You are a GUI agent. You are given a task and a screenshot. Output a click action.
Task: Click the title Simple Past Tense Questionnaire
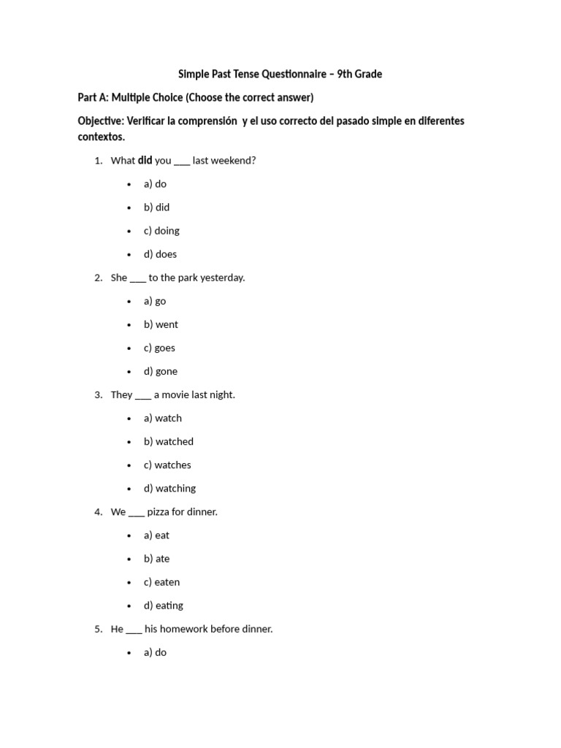280,74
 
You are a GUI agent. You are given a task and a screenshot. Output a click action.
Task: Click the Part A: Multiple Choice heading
195,97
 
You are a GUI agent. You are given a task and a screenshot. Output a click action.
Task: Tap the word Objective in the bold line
102,121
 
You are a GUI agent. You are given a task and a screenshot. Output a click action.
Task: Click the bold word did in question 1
145,160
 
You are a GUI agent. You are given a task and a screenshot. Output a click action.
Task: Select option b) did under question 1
156,207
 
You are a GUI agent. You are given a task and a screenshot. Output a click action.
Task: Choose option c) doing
161,231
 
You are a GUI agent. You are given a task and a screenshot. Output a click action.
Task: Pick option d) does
160,254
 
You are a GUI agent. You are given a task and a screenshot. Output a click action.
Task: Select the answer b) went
161,324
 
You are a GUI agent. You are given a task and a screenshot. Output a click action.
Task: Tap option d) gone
161,371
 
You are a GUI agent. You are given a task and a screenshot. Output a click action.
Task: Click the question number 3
98,394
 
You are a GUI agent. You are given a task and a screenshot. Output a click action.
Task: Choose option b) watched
169,441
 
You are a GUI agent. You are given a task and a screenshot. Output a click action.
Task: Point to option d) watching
169,488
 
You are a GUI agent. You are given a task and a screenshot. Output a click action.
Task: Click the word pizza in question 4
160,511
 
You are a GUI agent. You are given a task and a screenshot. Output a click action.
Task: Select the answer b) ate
156,558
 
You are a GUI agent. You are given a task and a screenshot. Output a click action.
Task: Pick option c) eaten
161,581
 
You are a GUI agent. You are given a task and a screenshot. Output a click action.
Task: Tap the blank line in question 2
138,280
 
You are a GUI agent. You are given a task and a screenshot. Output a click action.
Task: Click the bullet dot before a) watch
129,419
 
